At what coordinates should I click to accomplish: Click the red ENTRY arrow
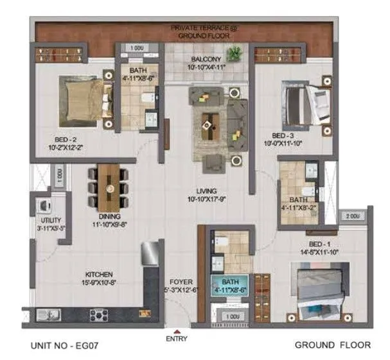[x=177, y=332]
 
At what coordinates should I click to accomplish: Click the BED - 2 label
[x=67, y=141]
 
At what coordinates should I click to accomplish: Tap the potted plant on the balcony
[x=236, y=53]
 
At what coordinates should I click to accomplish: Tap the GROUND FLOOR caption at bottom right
[x=332, y=345]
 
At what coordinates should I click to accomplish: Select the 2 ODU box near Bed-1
[x=353, y=216]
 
